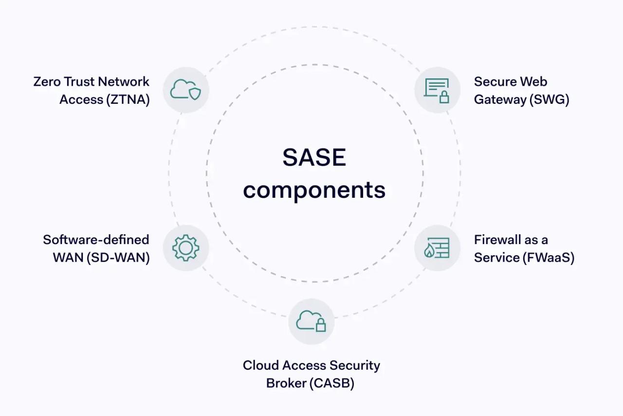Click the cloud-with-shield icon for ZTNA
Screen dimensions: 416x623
[185, 90]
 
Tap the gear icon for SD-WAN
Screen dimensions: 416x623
[185, 248]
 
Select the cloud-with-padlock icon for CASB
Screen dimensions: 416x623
[311, 321]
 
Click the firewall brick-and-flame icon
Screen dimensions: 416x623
[437, 248]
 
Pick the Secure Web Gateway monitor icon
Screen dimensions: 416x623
[437, 90]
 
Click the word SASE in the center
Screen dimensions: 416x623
[314, 158]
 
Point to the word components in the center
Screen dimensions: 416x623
[314, 190]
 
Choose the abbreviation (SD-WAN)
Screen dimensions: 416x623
[118, 257]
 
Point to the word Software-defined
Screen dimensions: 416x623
[96, 240]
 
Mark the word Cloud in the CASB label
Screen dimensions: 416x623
[261, 365]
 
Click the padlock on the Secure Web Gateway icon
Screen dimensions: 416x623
[444, 97]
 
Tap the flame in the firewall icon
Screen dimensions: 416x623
[429, 251]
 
